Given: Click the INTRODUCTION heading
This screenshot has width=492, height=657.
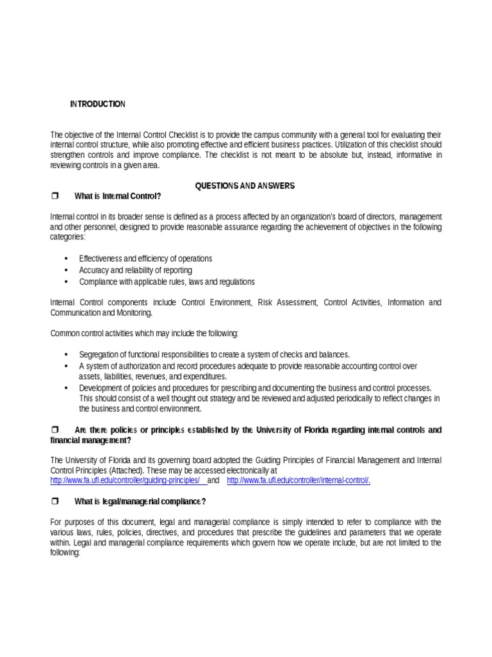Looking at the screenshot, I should pyautogui.click(x=97, y=104).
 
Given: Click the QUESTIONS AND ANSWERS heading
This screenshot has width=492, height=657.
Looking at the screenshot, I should pyautogui.click(x=245, y=185).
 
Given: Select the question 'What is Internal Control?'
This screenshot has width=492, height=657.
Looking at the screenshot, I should pyautogui.click(x=118, y=196).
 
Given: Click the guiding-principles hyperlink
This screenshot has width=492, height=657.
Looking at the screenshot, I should pyautogui.click(x=126, y=481).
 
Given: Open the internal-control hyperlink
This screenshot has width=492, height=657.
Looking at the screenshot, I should pyautogui.click(x=299, y=481).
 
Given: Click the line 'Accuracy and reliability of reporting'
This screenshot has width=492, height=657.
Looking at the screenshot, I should pyautogui.click(x=135, y=270).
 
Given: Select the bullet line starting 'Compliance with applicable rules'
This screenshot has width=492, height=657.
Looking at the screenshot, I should pyautogui.click(x=167, y=282).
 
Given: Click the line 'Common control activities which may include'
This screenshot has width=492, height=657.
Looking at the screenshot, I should pyautogui.click(x=144, y=334).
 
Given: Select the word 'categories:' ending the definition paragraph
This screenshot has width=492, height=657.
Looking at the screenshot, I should pyautogui.click(x=67, y=237).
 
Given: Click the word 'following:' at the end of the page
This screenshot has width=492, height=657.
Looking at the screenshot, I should pyautogui.click(x=65, y=552).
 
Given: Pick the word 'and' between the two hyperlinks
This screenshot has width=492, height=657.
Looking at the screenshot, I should pyautogui.click(x=214, y=481).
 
